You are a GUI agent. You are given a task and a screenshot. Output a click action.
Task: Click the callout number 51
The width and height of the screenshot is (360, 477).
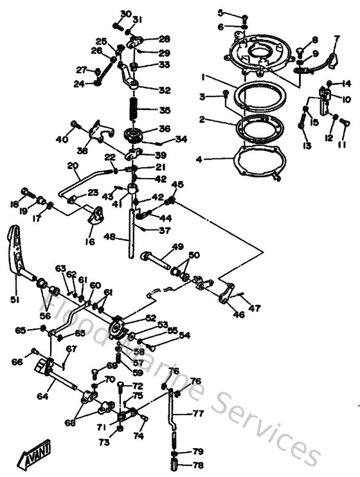tap(15, 300)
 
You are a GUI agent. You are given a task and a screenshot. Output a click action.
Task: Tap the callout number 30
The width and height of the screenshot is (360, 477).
tap(125, 14)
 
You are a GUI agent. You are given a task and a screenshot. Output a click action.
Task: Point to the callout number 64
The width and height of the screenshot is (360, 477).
tap(42, 397)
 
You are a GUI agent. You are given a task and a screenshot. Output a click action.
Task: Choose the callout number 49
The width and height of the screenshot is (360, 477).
tap(177, 247)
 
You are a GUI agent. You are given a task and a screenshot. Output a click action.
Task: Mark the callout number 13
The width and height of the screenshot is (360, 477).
tap(306, 146)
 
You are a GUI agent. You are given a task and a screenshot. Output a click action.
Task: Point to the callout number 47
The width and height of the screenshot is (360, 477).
tap(255, 309)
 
